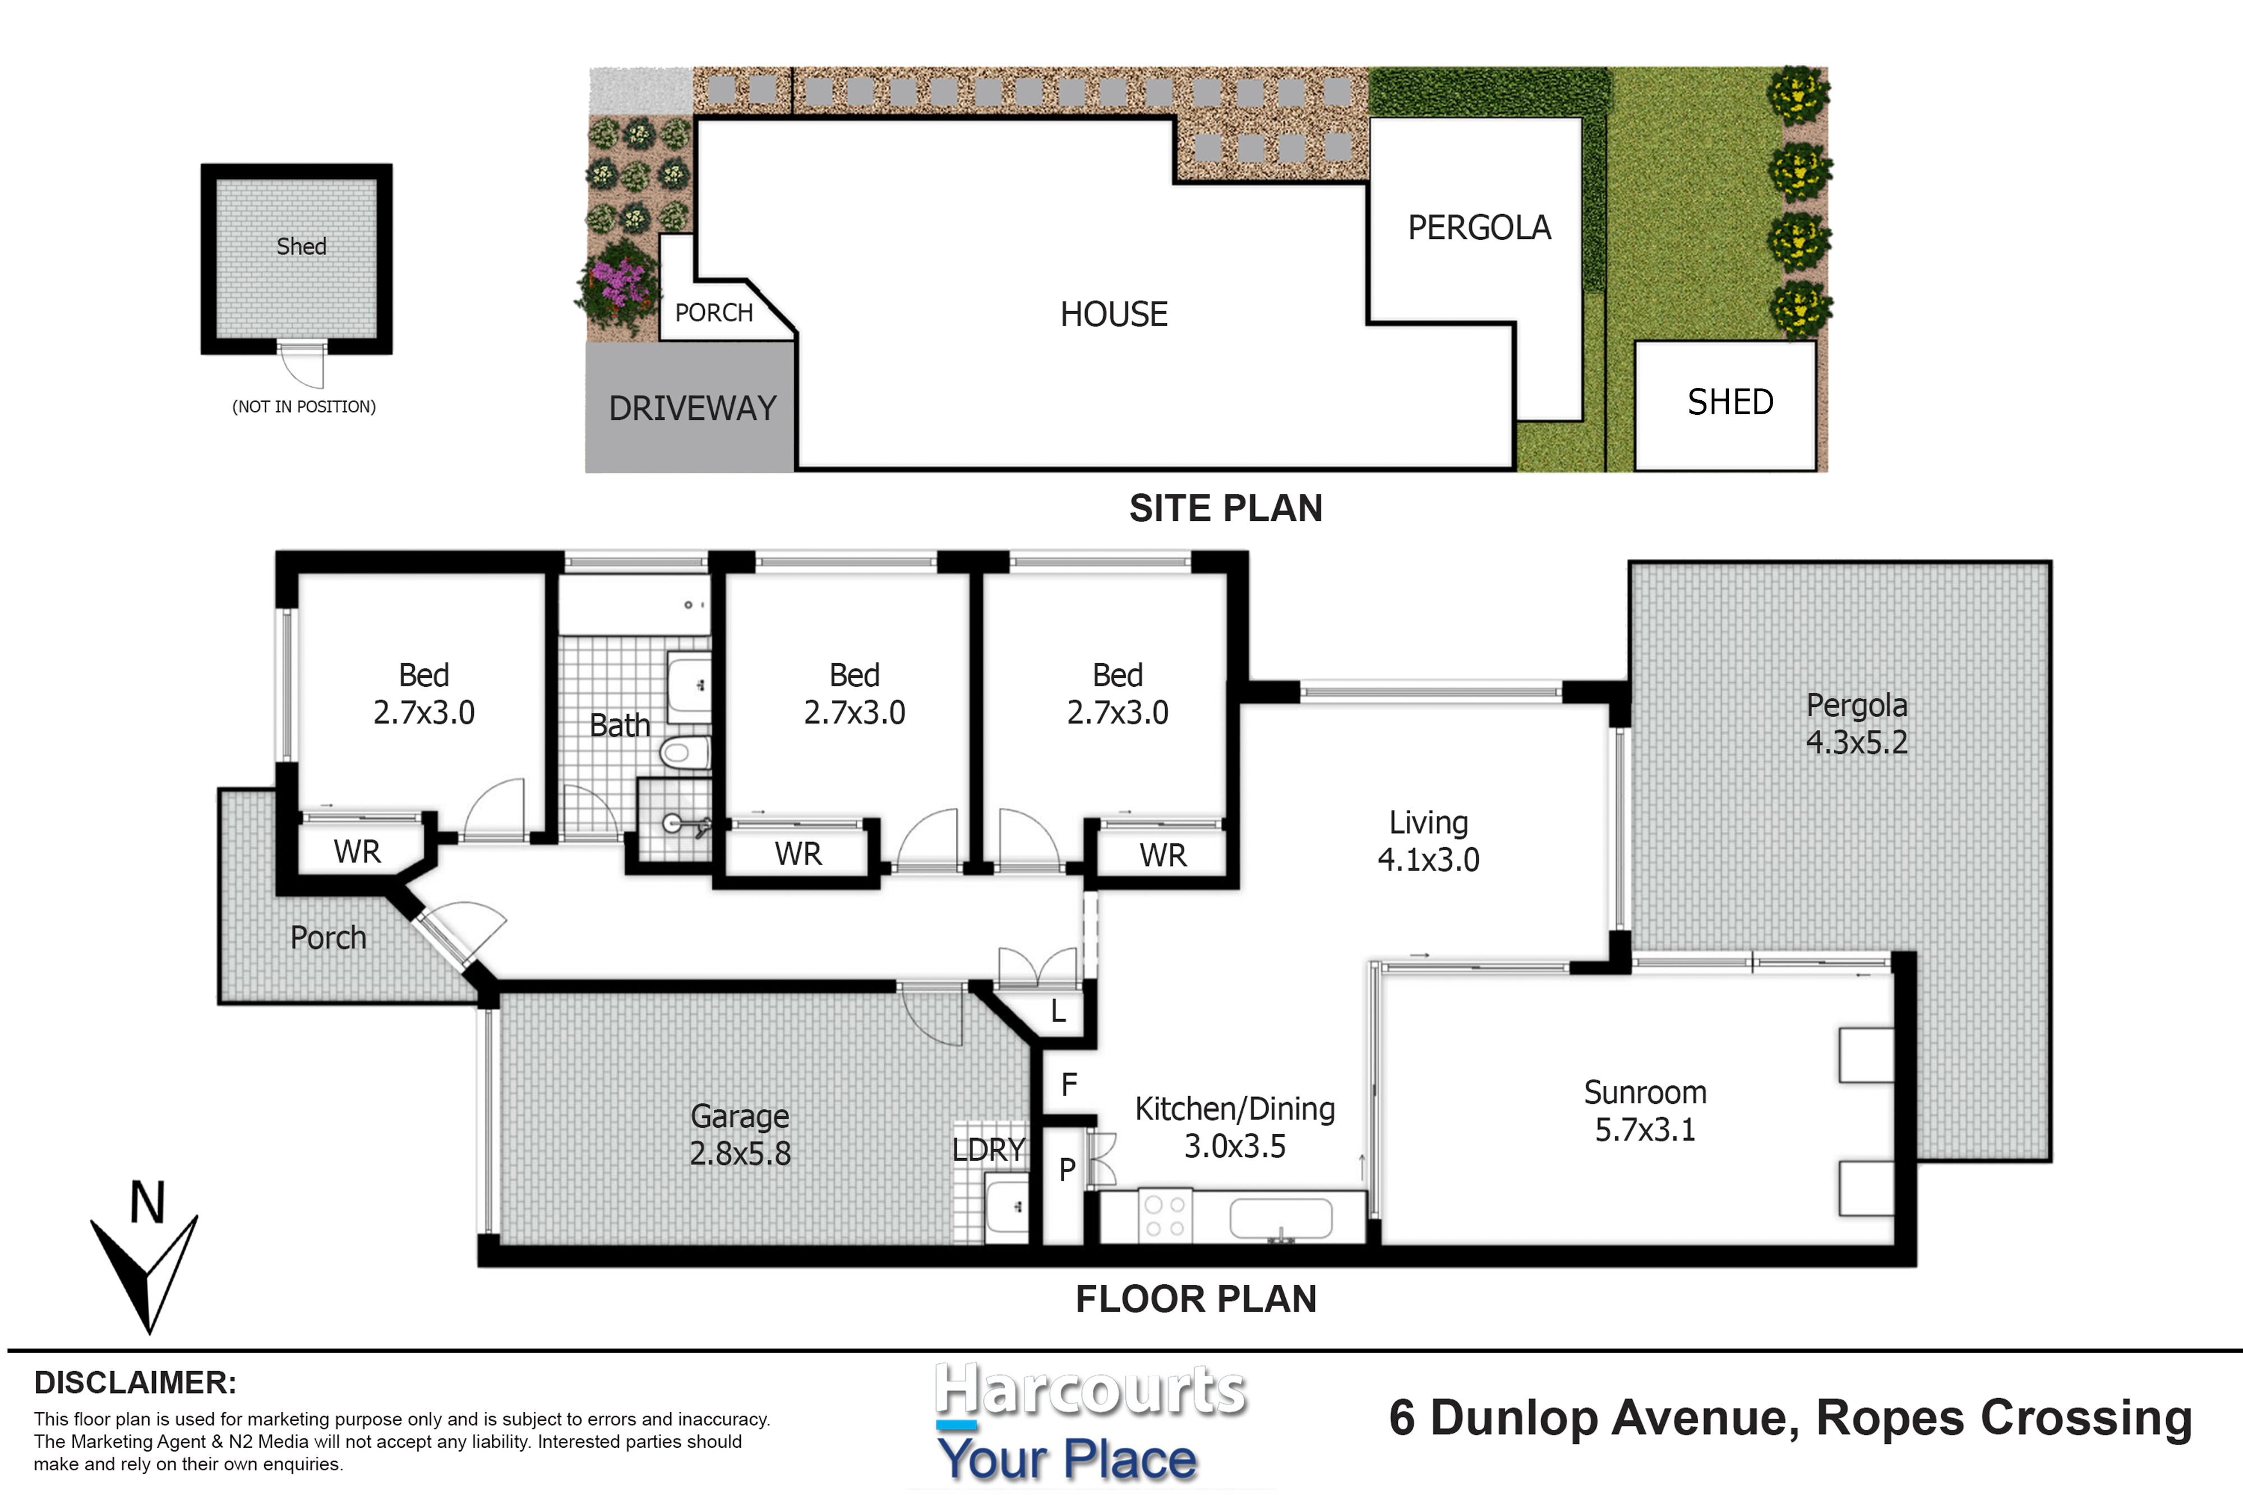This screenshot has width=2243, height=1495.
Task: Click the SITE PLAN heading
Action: (1225, 508)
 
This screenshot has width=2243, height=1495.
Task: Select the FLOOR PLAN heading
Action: (1196, 1299)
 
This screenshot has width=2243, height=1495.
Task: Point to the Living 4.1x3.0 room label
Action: (1429, 841)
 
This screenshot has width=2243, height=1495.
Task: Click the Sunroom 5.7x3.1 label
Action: (1645, 1111)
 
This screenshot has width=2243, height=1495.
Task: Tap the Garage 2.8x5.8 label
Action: (740, 1135)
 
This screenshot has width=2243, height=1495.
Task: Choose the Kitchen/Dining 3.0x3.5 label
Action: (1235, 1127)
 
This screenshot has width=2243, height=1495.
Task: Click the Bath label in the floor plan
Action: (620, 725)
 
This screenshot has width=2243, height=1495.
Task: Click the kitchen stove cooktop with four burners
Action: (1165, 1216)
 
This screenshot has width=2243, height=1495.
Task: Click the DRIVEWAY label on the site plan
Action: (693, 408)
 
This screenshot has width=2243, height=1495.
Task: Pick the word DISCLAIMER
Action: (135, 1382)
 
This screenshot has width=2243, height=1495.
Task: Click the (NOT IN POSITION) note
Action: (304, 406)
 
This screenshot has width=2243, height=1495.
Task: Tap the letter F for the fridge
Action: (1069, 1084)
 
